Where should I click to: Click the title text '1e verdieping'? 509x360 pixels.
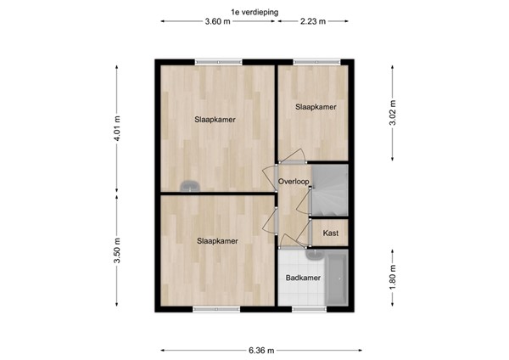255,12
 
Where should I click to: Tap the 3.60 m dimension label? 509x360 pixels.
218,22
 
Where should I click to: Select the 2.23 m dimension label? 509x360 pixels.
313,22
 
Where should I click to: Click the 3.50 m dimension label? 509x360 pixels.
118,253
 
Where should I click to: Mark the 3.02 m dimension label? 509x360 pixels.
392,112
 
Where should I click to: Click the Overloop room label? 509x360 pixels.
293,181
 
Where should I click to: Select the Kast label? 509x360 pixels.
331,233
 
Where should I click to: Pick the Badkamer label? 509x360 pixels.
302,278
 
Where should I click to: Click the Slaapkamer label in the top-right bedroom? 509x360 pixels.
316,107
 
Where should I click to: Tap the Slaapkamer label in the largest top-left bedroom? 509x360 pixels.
215,120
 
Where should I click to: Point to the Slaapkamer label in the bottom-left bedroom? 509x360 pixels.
217,241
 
